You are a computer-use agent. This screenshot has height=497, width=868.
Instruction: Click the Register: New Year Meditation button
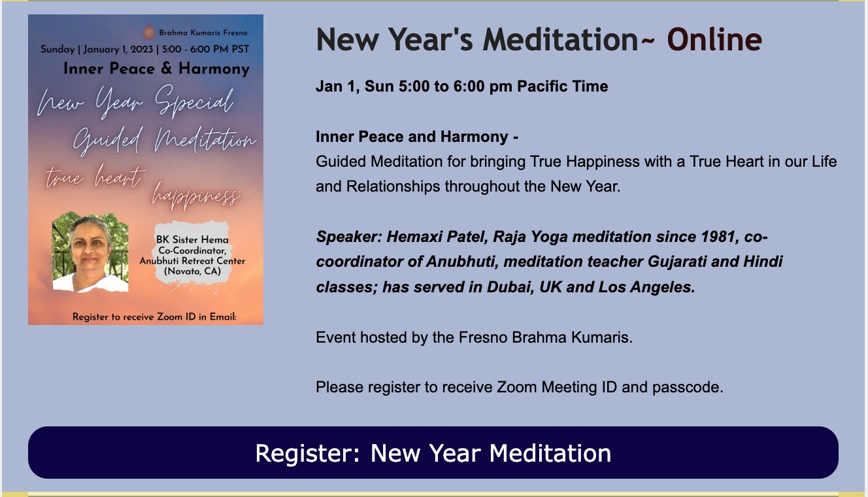[x=433, y=453]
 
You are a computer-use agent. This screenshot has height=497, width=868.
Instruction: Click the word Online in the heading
[x=714, y=39]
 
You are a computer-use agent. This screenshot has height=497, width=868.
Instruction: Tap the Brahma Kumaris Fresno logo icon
[x=149, y=32]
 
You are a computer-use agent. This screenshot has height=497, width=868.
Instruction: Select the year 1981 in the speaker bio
[x=720, y=237]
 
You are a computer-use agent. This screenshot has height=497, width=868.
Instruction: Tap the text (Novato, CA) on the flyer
[x=193, y=271]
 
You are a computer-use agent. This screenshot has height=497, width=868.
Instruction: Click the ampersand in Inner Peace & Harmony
[x=166, y=69]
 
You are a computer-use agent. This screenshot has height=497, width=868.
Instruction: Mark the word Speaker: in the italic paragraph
[x=349, y=237]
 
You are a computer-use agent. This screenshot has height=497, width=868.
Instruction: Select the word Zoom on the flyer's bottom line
[x=170, y=317]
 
